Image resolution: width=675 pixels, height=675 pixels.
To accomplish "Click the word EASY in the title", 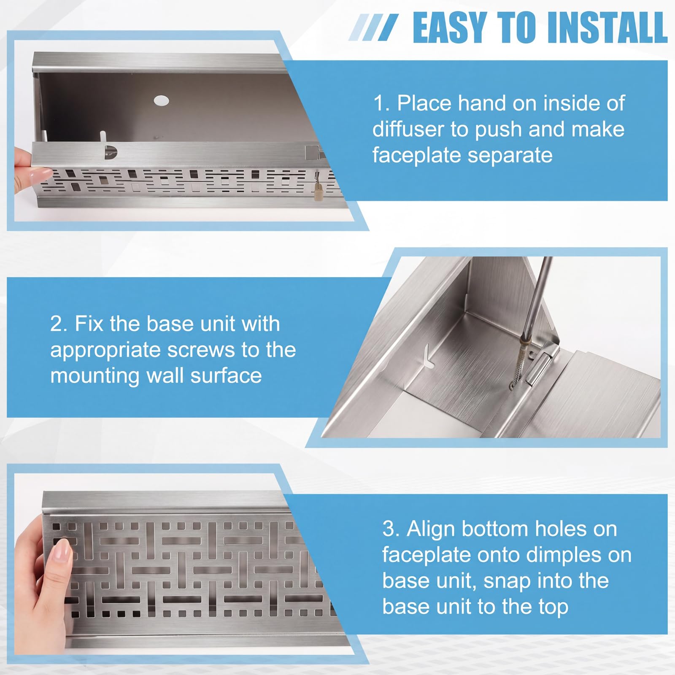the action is [x=451, y=27].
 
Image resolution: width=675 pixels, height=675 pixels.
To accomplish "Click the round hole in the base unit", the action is [x=161, y=101].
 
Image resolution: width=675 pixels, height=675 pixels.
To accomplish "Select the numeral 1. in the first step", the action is [x=381, y=103].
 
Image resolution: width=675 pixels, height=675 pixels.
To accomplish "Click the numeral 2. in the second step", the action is [x=59, y=324].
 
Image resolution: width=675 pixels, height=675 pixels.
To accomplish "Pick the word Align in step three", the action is [x=431, y=529].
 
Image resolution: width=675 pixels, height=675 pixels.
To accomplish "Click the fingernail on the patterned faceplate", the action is [x=62, y=548].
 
